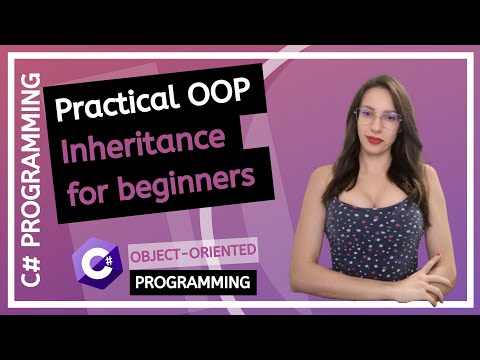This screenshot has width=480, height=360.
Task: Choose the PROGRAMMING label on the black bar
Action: [193, 284]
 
